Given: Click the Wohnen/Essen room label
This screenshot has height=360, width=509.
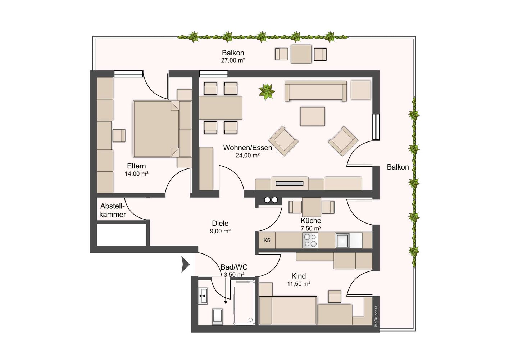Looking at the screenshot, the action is (247, 148).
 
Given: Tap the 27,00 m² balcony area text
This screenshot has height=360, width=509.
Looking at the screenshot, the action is (233, 60).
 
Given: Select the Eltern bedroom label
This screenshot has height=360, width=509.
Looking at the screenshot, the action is (136, 166).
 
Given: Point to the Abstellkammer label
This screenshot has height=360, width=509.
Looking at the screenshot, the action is (113, 210).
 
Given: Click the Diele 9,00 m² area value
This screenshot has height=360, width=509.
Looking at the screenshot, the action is (220, 231).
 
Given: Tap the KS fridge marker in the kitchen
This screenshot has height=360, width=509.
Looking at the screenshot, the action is (267, 240).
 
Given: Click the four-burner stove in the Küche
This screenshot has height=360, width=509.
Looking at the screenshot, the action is (310, 240).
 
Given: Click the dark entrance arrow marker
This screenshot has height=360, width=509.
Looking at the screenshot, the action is (185, 265).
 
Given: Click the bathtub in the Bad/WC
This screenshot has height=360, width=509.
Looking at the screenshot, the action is (244, 303).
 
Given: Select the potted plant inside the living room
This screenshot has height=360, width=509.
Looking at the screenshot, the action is (267, 91).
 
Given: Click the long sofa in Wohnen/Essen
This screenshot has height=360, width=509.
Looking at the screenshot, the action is (315, 90).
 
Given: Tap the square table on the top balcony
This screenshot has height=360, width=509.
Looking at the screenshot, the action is (301, 54).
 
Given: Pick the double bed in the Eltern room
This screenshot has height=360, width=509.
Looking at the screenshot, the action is (156, 129).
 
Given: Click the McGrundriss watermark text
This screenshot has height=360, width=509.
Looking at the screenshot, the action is (376, 316).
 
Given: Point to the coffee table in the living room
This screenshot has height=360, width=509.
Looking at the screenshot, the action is (313, 116).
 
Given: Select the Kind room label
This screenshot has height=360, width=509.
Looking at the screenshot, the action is (299, 276).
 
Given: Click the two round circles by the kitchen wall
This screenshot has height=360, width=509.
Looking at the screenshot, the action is (271, 200).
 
